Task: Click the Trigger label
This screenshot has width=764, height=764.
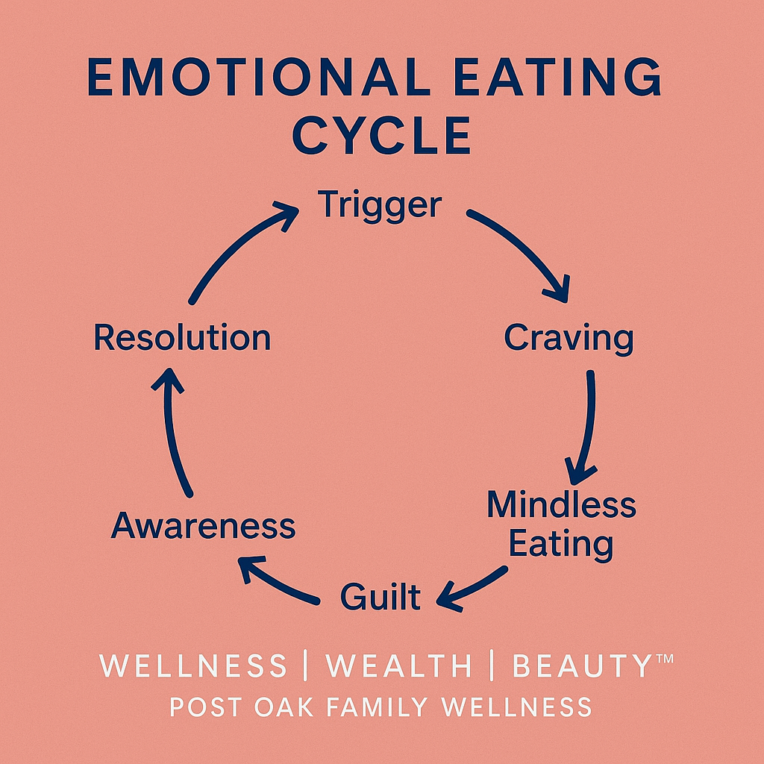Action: pyautogui.click(x=380, y=204)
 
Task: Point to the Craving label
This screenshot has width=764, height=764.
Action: pyautogui.click(x=569, y=337)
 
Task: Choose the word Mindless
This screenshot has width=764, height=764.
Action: pyautogui.click(x=561, y=505)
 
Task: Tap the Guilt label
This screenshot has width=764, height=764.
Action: pyautogui.click(x=381, y=597)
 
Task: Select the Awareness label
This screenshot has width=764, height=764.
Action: pyautogui.click(x=203, y=526)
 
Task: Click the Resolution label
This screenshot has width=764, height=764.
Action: pyautogui.click(x=181, y=337)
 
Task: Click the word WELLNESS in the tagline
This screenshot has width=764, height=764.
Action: pyautogui.click(x=193, y=666)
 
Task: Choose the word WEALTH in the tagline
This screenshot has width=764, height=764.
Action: pyautogui.click(x=399, y=666)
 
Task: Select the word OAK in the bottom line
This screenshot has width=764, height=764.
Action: pyautogui.click(x=289, y=707)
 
